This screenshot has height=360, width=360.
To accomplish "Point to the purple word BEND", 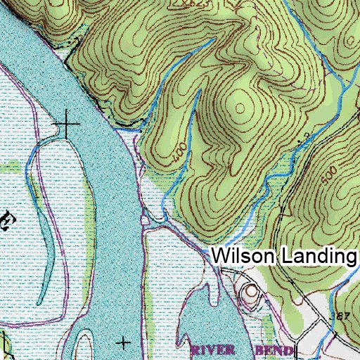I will point(269,349).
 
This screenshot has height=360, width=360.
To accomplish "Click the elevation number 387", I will point(340,316).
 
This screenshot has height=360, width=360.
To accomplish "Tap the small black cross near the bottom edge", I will point(124,342).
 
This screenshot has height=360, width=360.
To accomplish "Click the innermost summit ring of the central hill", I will point(241,108).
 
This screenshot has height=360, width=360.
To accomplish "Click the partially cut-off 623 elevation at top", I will point(181,4).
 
